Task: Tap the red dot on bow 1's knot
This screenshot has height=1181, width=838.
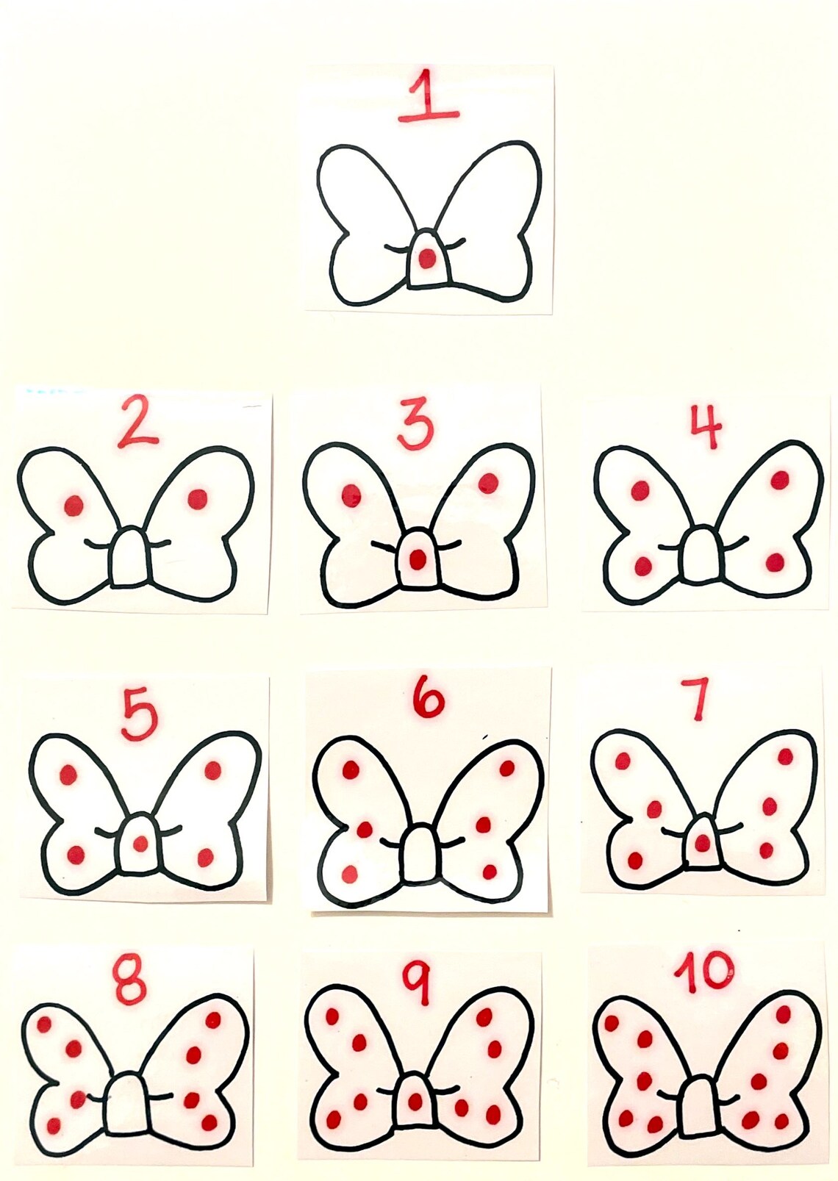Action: (426, 258)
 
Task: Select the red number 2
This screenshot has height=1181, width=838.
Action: (137, 421)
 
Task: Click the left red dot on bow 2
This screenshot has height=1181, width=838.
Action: (74, 505)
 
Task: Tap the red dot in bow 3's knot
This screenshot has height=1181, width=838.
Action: (418, 560)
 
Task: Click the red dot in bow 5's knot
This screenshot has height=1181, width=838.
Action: (140, 844)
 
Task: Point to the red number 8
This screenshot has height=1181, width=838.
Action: (130, 980)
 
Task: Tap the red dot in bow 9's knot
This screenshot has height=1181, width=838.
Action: (415, 1101)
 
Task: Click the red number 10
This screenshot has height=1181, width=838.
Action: (704, 972)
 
